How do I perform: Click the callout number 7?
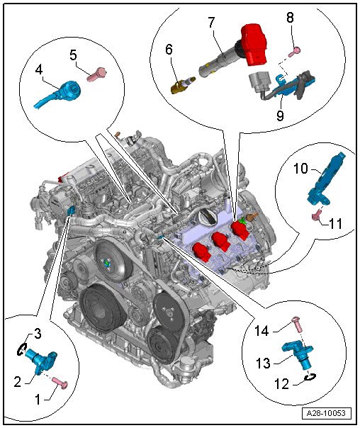point(211,23)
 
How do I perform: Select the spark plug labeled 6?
point(183,85)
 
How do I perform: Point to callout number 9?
point(280,116)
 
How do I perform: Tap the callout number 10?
point(300,169)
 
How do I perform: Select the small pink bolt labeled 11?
point(317,216)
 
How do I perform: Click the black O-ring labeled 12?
point(310,377)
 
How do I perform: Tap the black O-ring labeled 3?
point(22,349)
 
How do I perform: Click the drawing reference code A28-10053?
point(327,413)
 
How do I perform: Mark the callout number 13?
point(263,364)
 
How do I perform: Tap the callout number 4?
point(39,69)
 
